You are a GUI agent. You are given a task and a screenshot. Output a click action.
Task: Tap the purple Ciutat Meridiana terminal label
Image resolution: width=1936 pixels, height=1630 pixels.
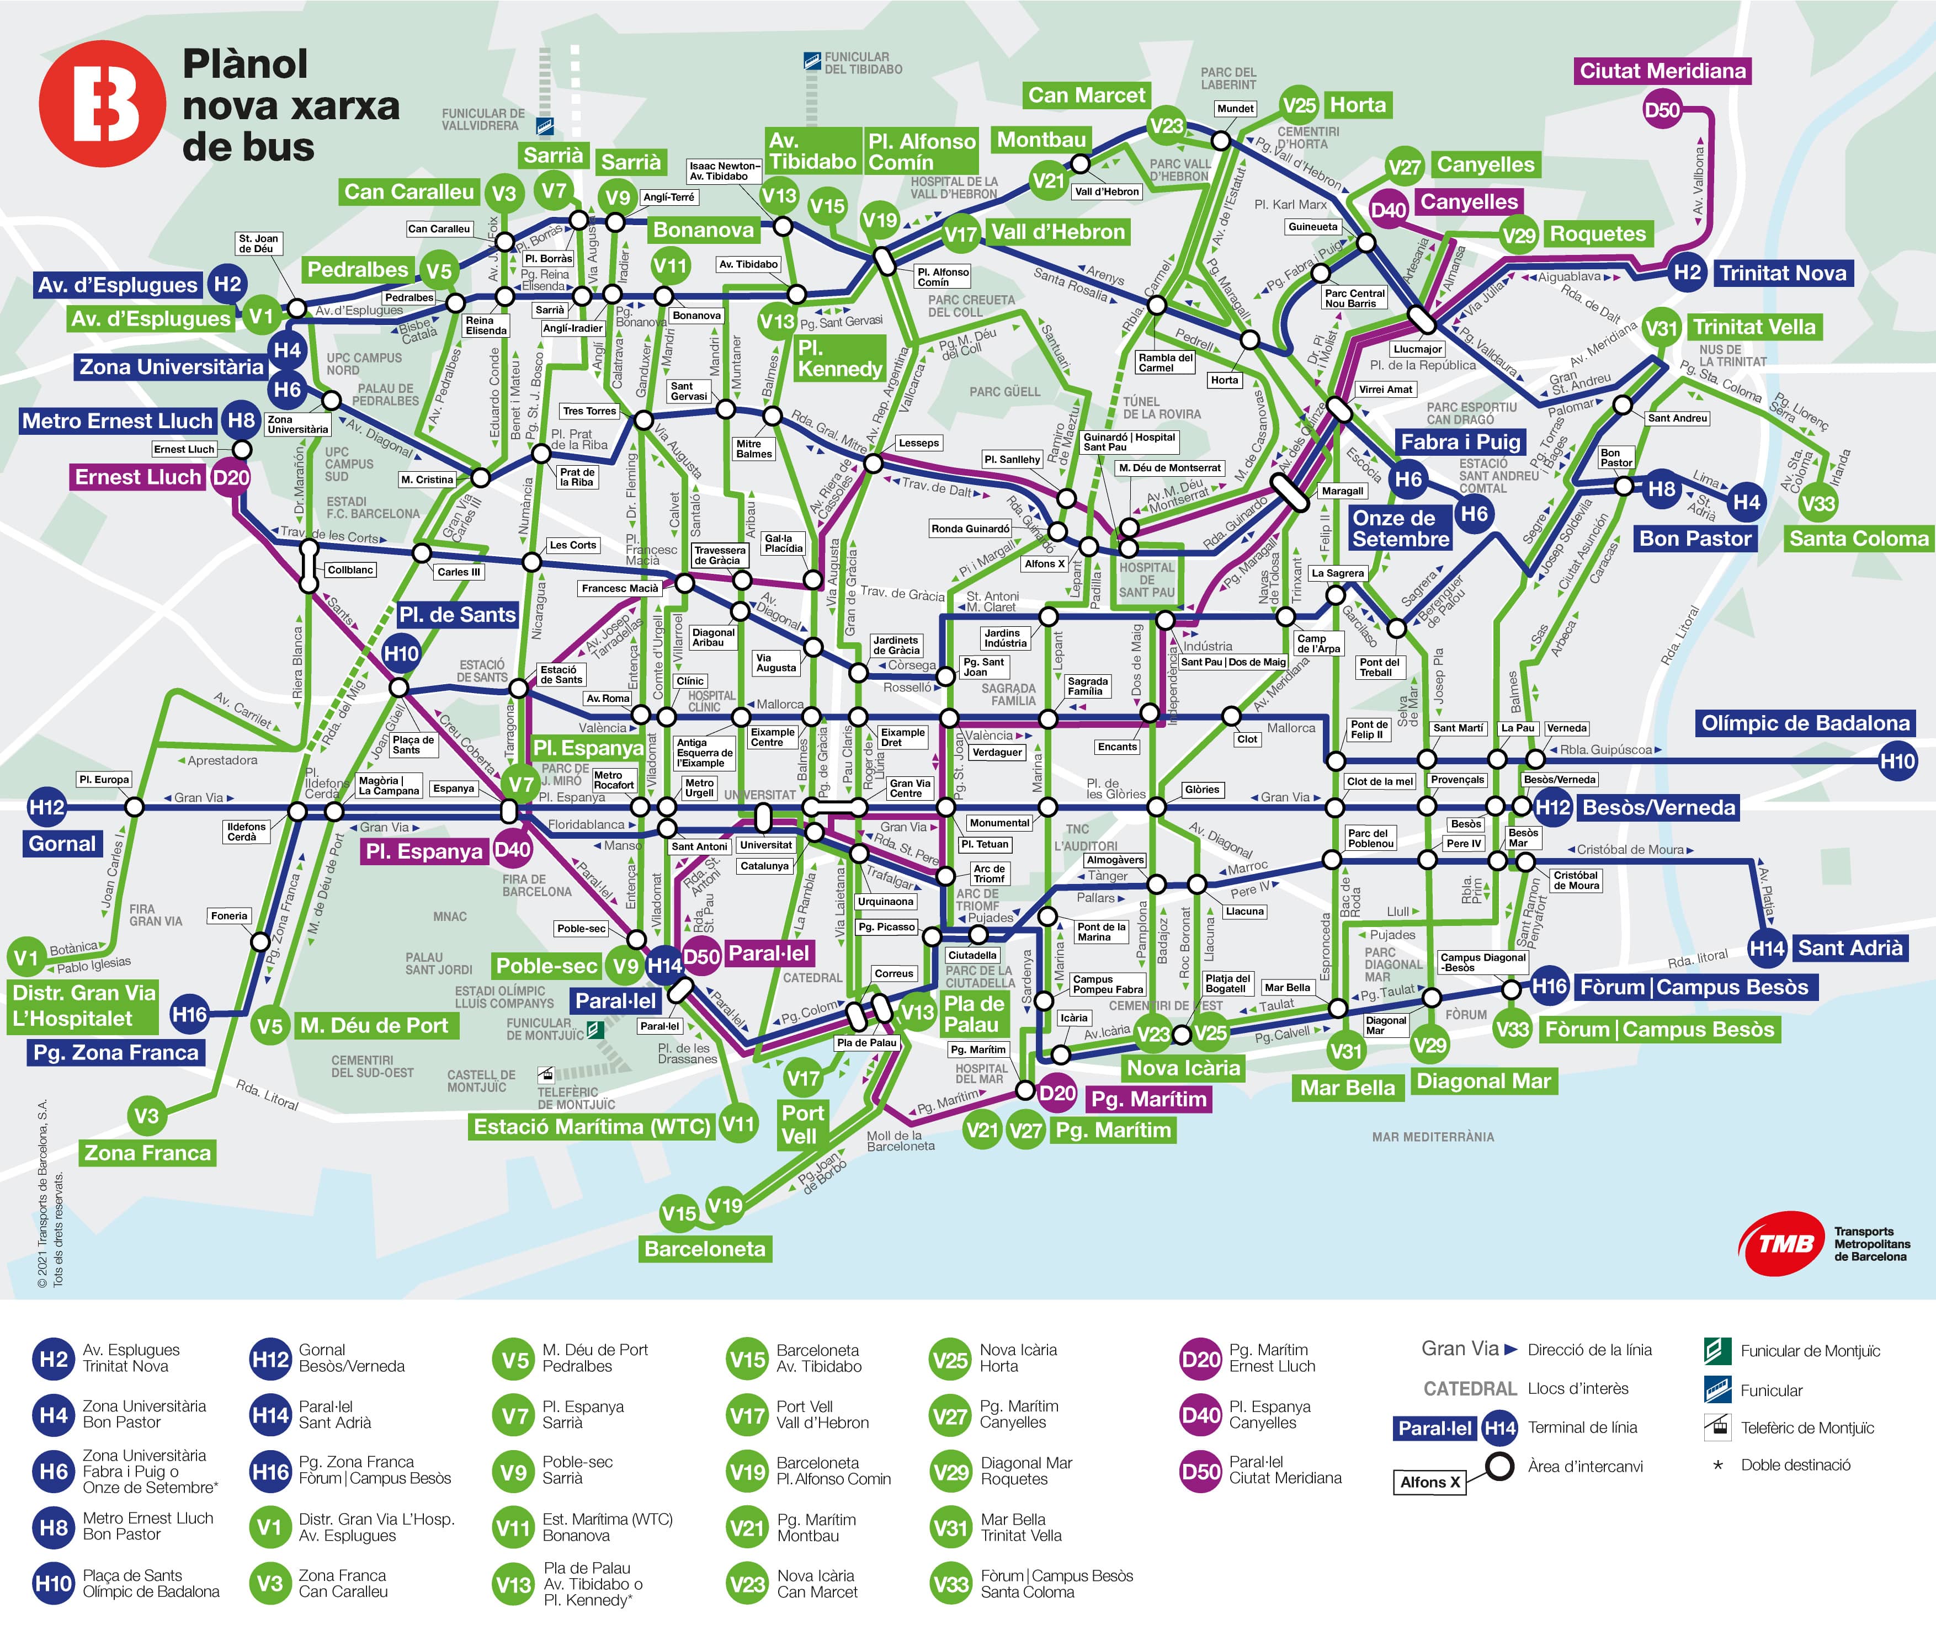[x=1662, y=71]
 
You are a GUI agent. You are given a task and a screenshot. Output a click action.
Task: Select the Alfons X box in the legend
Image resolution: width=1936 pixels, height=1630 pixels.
[x=1429, y=1482]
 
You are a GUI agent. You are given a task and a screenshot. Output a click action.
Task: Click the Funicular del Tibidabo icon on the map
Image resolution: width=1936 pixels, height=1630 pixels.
[x=811, y=62]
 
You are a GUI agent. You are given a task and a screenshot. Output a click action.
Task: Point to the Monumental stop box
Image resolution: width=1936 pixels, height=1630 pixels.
[x=999, y=822]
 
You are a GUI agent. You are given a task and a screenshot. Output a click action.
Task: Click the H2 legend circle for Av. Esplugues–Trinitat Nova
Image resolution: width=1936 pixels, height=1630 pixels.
[x=54, y=1359]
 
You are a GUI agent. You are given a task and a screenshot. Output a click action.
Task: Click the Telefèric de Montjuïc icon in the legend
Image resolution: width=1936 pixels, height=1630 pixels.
[x=1717, y=1427]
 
